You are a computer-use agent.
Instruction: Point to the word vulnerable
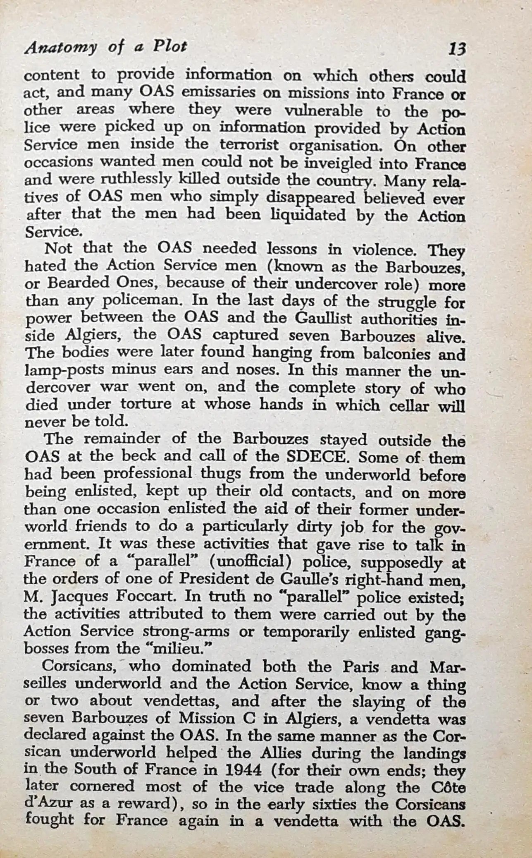pos(327,111)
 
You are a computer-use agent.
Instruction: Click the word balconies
pos(397,354)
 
